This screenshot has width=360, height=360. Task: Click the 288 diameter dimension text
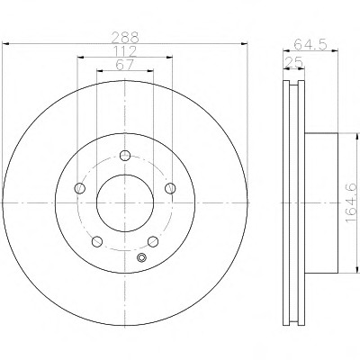(125, 38)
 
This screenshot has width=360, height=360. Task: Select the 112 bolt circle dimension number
(125, 51)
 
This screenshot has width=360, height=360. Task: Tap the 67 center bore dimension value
(125, 65)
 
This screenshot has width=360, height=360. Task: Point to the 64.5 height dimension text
(310, 45)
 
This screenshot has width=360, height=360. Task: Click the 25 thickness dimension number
(293, 62)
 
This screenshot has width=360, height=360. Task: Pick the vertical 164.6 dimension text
(351, 203)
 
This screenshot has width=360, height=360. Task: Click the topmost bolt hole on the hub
(125, 156)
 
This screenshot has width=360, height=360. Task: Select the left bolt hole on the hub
(80, 188)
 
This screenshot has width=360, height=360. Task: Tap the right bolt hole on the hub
(170, 188)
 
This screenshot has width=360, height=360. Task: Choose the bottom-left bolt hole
(97, 241)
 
